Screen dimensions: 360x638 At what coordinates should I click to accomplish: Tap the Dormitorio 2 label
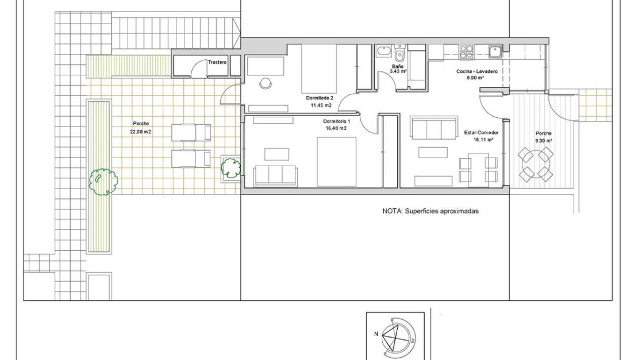click(x=320, y=98)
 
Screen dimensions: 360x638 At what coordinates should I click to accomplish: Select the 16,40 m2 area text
click(x=336, y=128)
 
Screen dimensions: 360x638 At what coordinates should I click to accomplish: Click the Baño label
click(x=397, y=67)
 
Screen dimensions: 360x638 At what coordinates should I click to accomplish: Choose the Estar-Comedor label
click(x=481, y=132)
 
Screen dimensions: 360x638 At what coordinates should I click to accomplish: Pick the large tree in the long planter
click(x=103, y=182)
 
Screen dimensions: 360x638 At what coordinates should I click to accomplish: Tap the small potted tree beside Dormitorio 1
click(x=231, y=167)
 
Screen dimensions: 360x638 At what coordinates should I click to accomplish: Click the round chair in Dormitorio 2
click(x=265, y=83)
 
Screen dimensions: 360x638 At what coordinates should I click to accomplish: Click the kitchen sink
click(x=495, y=52)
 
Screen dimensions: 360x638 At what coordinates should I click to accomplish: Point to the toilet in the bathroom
click(x=400, y=55)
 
